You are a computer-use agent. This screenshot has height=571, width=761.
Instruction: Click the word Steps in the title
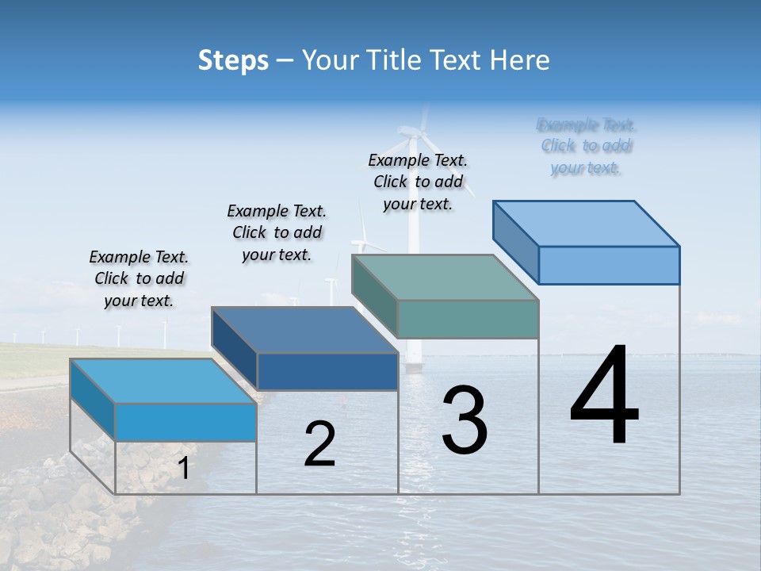233,60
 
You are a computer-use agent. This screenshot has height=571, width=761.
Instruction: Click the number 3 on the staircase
465,420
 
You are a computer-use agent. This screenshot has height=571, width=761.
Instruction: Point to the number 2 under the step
320,444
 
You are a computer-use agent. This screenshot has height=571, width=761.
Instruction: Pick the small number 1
184,468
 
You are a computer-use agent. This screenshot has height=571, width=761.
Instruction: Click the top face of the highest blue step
585,223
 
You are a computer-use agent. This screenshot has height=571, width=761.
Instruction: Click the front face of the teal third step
468,320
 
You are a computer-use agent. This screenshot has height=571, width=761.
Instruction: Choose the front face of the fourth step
609,265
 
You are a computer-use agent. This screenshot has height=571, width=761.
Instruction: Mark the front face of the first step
185,422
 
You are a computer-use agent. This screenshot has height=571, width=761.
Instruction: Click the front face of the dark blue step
327,372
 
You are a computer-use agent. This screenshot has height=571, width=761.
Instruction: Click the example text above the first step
139,278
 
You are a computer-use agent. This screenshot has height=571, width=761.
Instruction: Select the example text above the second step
277,232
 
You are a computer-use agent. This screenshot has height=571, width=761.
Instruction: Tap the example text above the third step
418,182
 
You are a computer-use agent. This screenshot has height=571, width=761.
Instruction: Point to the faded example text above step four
587,146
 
